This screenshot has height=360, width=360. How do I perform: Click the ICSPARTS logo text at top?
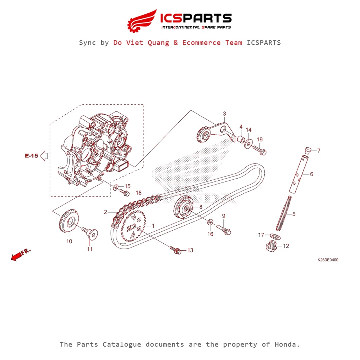click(196, 18)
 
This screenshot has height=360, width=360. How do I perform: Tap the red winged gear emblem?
click(141, 21)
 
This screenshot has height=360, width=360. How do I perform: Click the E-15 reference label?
click(31, 156)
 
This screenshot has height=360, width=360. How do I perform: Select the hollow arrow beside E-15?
click(44, 155)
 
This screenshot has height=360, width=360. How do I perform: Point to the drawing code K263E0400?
click(328, 260)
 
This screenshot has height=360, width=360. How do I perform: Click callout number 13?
click(190, 250)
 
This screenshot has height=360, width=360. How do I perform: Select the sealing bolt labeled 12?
click(272, 245)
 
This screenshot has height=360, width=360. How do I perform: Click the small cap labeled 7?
click(308, 150)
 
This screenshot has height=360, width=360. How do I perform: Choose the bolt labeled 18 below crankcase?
click(125, 193)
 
